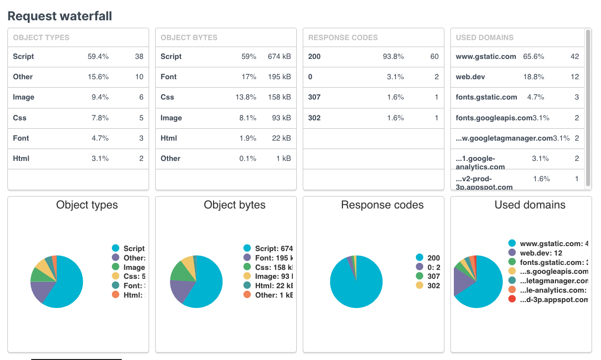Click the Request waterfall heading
pos(59,16)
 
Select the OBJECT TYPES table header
pos(41,38)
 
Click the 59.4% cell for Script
pos(98,56)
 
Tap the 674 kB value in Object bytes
pos(279,56)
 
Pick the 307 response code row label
pos(314,97)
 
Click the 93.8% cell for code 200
pos(393,56)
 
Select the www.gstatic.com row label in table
pos(486,56)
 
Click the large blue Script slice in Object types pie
pos(67,285)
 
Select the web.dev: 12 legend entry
pos(541,253)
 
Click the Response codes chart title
pos(382,205)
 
